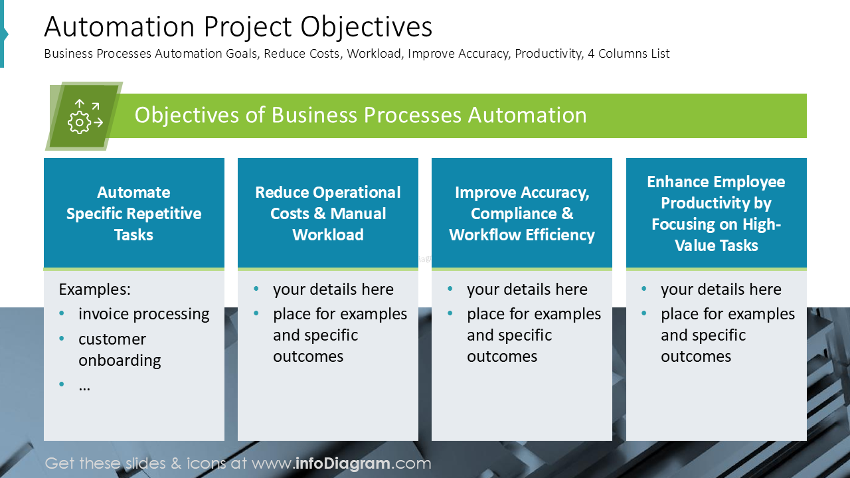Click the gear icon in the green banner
tap(80, 122)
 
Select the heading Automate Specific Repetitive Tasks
tap(133, 213)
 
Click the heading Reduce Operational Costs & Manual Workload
tap(328, 213)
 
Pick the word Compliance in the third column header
tap(514, 214)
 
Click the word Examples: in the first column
tap(94, 289)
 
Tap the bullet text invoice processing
tap(143, 314)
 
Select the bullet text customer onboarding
tap(120, 349)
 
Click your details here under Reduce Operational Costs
tap(333, 289)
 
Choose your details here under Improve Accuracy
tap(527, 289)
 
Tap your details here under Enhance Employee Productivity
tap(721, 289)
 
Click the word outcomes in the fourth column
tap(695, 357)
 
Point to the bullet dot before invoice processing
tap(62, 314)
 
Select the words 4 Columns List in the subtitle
tap(628, 54)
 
